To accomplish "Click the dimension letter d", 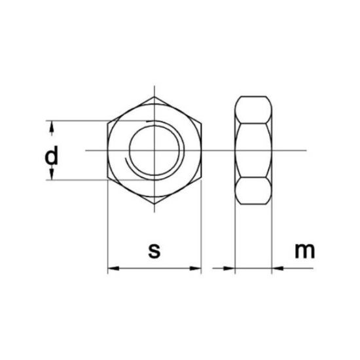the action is pyautogui.click(x=52, y=155).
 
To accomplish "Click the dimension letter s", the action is pyautogui.click(x=154, y=251).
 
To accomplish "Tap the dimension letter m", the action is pyautogui.click(x=304, y=251).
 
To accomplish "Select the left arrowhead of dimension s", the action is pyautogui.click(x=113, y=268).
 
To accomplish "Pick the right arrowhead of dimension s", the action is pyautogui.click(x=196, y=268).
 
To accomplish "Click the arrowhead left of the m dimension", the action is pyautogui.click(x=229, y=268).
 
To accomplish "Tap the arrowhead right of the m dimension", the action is pyautogui.click(x=278, y=268).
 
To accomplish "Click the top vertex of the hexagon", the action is pyautogui.click(x=154, y=97).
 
